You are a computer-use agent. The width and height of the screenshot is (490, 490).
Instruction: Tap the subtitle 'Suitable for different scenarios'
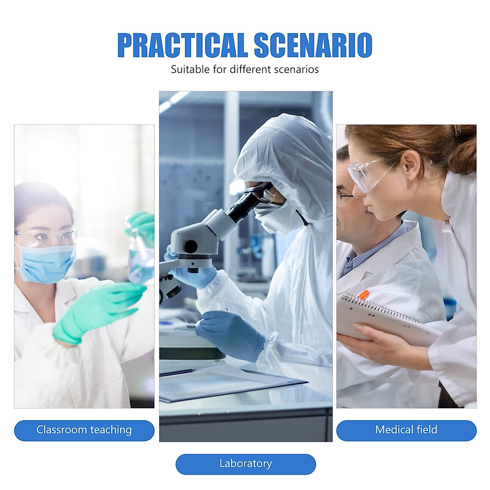(245, 69)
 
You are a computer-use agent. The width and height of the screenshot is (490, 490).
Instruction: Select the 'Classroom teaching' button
(84, 430)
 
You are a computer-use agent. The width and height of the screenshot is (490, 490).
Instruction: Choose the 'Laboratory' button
(245, 464)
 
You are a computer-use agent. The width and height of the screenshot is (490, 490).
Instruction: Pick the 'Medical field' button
(406, 430)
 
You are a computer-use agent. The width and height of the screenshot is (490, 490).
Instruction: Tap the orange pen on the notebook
(363, 294)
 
